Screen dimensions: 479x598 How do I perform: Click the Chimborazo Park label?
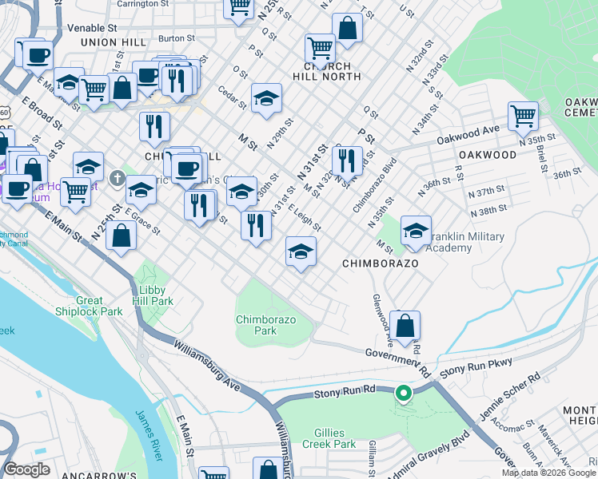pos(266,324)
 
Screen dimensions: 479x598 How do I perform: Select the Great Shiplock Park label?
pos(89,306)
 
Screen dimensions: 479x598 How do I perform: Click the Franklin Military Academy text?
pos(468,243)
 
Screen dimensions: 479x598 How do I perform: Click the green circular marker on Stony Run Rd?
pos(405,393)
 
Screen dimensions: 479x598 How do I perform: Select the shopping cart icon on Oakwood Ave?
pos(523,117)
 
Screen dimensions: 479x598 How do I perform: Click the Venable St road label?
pos(92,27)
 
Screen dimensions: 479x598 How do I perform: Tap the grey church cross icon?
pos(118,177)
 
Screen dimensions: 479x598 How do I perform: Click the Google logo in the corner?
pos(28,469)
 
